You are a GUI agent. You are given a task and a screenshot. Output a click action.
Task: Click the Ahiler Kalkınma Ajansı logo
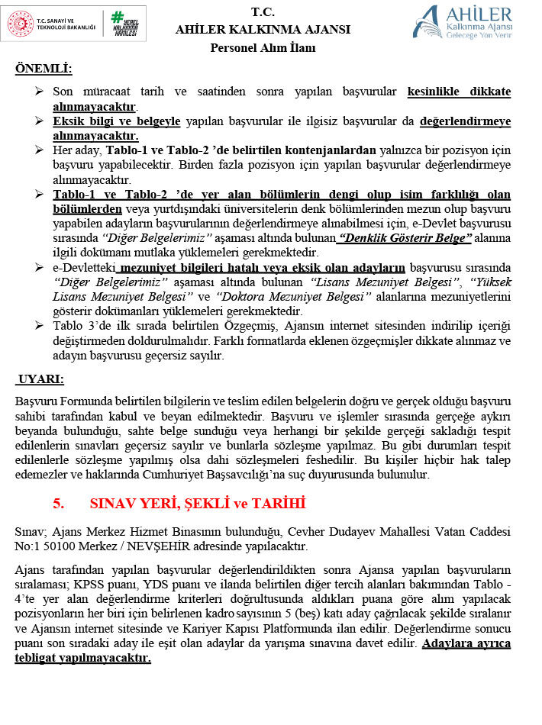click(462, 21)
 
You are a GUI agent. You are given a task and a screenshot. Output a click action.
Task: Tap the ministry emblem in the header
click(21, 24)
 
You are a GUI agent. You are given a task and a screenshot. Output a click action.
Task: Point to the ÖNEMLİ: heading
click(44, 69)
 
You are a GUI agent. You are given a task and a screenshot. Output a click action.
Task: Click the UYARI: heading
click(40, 379)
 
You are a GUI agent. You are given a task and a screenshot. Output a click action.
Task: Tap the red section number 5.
click(57, 504)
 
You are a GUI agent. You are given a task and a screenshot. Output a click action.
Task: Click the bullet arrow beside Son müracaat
click(40, 92)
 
